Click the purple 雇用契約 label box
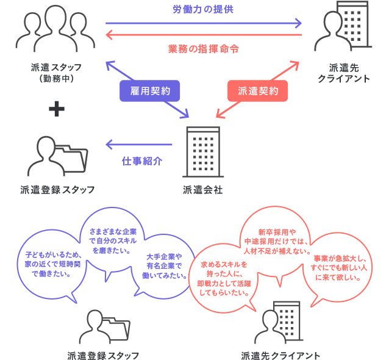tap(150, 91)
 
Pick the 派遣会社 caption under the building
tap(203, 190)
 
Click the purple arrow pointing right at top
tap(203, 24)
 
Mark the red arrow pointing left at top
tap(203, 35)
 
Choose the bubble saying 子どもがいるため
tap(51, 263)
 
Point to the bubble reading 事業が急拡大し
tap(340, 268)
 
